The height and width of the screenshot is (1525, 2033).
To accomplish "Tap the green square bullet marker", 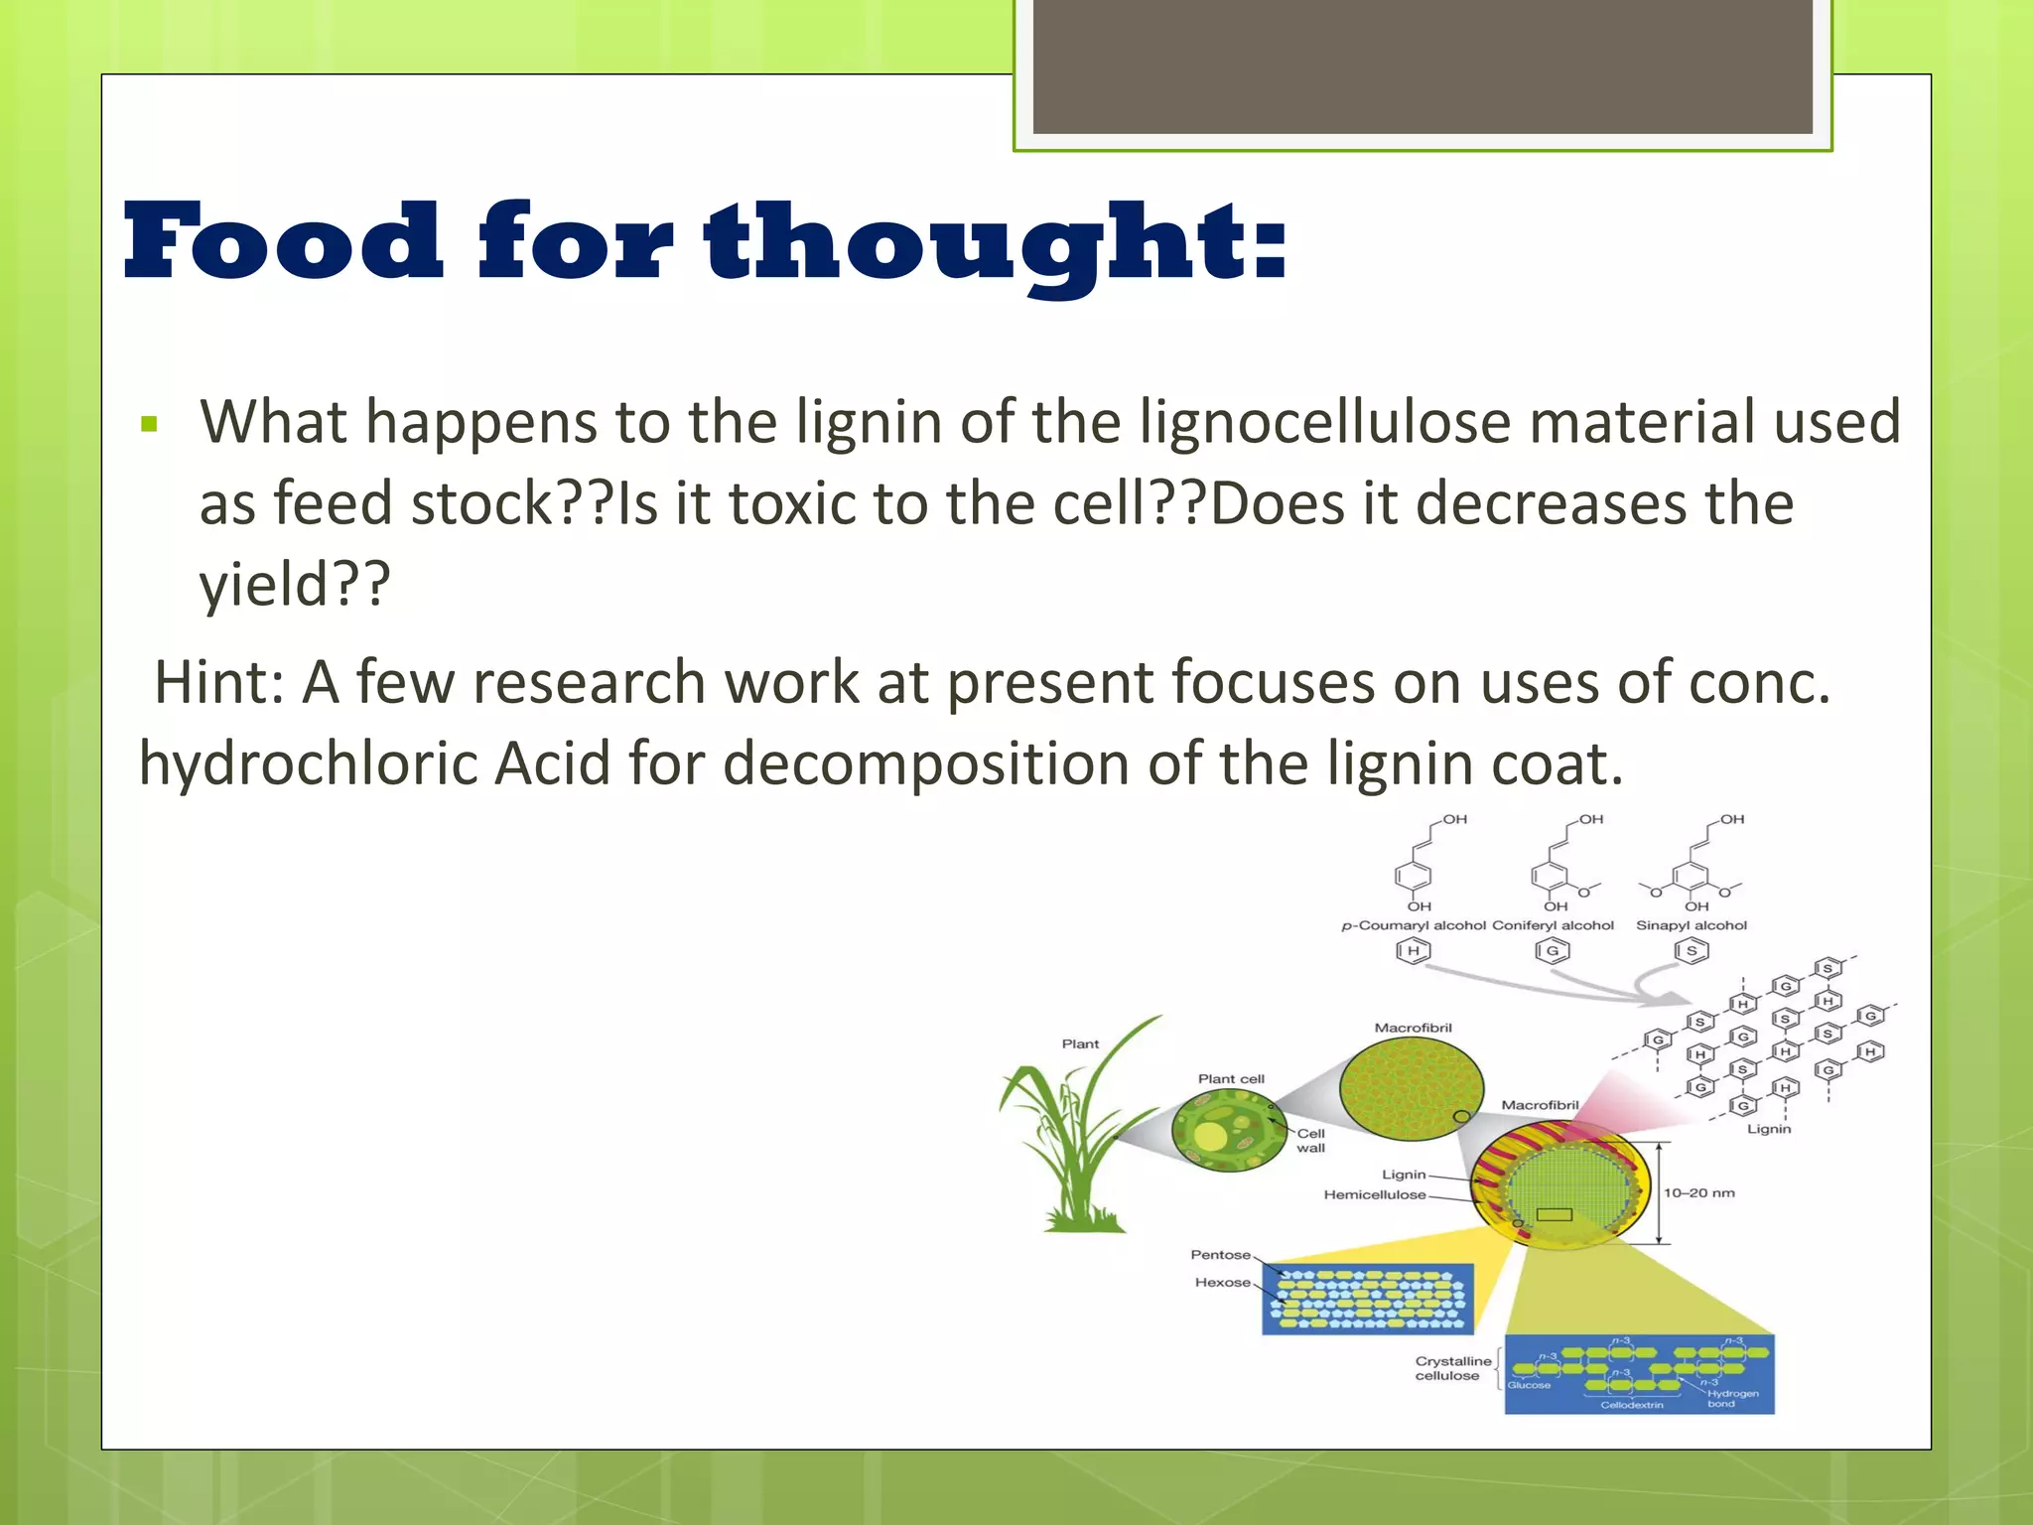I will (150, 425).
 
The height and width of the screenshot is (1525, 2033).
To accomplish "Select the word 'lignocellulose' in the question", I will (1325, 422).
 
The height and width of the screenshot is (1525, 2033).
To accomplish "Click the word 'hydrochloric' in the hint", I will (308, 764).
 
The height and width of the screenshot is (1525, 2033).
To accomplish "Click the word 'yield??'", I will (295, 584).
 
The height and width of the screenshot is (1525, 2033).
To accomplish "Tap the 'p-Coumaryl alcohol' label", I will (1413, 925).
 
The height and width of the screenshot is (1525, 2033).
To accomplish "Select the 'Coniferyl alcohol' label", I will (1553, 925).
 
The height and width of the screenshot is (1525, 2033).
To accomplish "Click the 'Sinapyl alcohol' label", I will (1691, 925).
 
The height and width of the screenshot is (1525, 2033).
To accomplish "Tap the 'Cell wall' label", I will (1310, 1141).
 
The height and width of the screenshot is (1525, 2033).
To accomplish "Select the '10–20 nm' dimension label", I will (1698, 1192).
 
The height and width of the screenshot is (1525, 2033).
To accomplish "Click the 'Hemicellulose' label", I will (1374, 1194).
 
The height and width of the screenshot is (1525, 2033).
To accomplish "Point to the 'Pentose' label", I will (1220, 1255).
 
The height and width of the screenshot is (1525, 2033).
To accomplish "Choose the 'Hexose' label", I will (1222, 1283).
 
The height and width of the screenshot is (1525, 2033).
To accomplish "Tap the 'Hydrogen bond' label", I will (1732, 1398).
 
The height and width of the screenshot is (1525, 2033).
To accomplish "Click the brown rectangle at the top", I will (1423, 67).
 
